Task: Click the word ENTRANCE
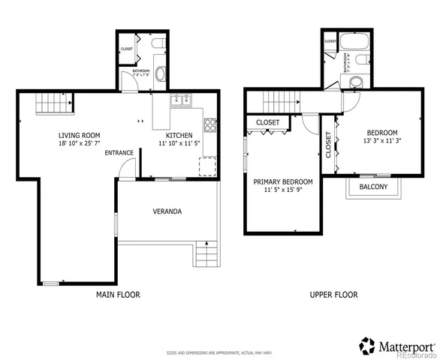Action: [119, 153]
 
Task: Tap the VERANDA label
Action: [167, 211]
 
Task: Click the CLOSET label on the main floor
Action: [126, 49]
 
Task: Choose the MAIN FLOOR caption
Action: [118, 295]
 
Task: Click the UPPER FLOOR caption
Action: [334, 295]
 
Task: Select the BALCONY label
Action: [373, 187]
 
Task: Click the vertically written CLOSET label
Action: [328, 143]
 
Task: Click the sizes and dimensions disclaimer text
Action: [219, 352]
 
